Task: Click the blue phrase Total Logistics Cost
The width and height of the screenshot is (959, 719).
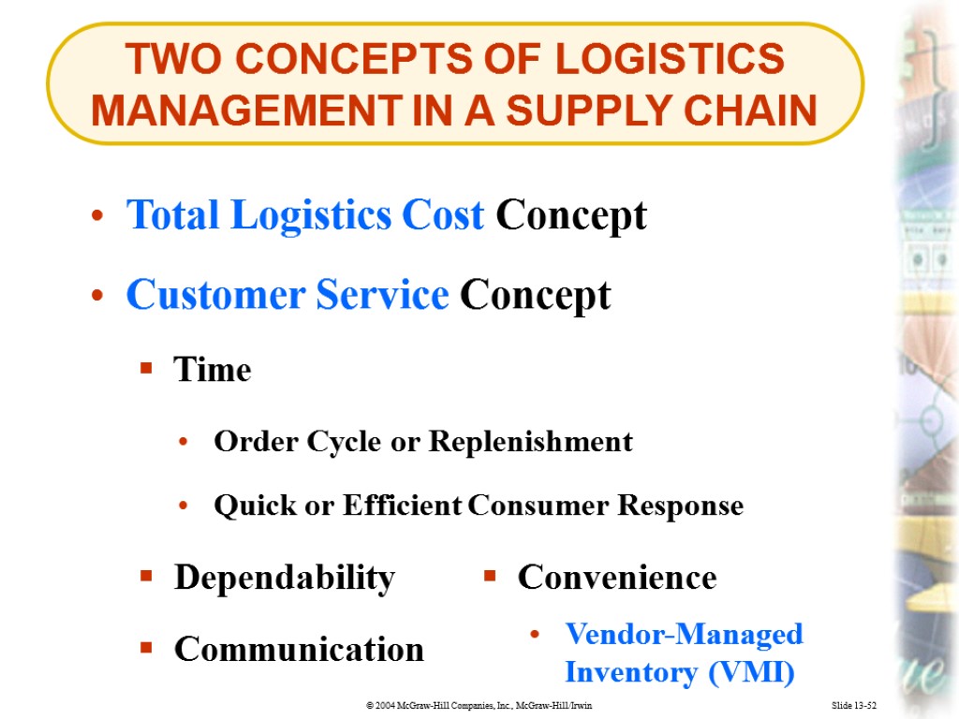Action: click(x=305, y=215)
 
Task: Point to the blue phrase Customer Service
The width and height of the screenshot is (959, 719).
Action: click(x=288, y=296)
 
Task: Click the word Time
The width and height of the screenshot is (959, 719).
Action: click(x=213, y=371)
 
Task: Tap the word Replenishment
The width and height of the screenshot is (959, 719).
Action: click(x=530, y=442)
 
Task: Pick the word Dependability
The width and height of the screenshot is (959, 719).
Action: click(x=285, y=578)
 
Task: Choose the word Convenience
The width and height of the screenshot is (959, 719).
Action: click(x=617, y=578)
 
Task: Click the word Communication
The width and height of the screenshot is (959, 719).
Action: click(x=299, y=649)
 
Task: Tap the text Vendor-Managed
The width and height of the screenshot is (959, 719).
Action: click(x=684, y=635)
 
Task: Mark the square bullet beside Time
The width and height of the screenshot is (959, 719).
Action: click(x=145, y=370)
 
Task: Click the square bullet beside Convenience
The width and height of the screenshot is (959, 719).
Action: click(x=489, y=577)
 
